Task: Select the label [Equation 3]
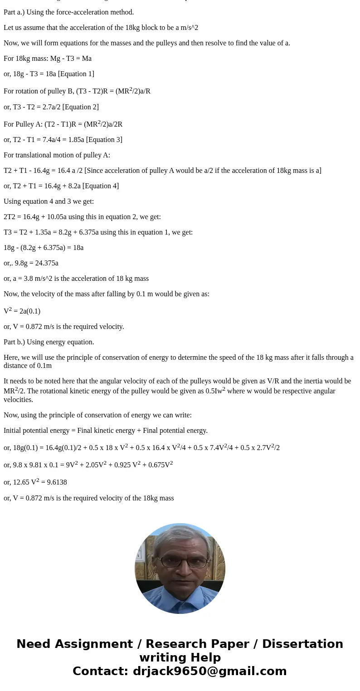click(104, 140)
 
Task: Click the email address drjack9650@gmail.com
click(208, 671)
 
